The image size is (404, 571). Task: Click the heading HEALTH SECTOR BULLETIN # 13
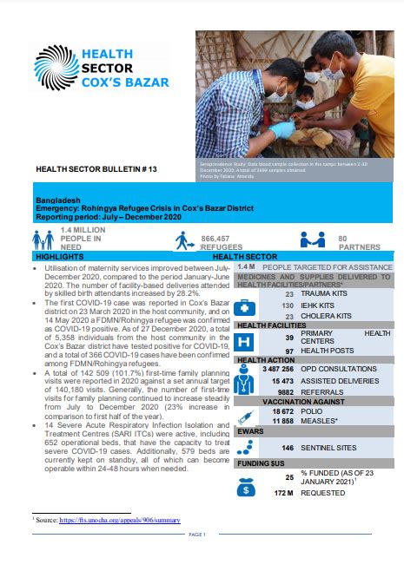(87, 168)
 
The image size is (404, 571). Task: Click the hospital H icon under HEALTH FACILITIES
(246, 342)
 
